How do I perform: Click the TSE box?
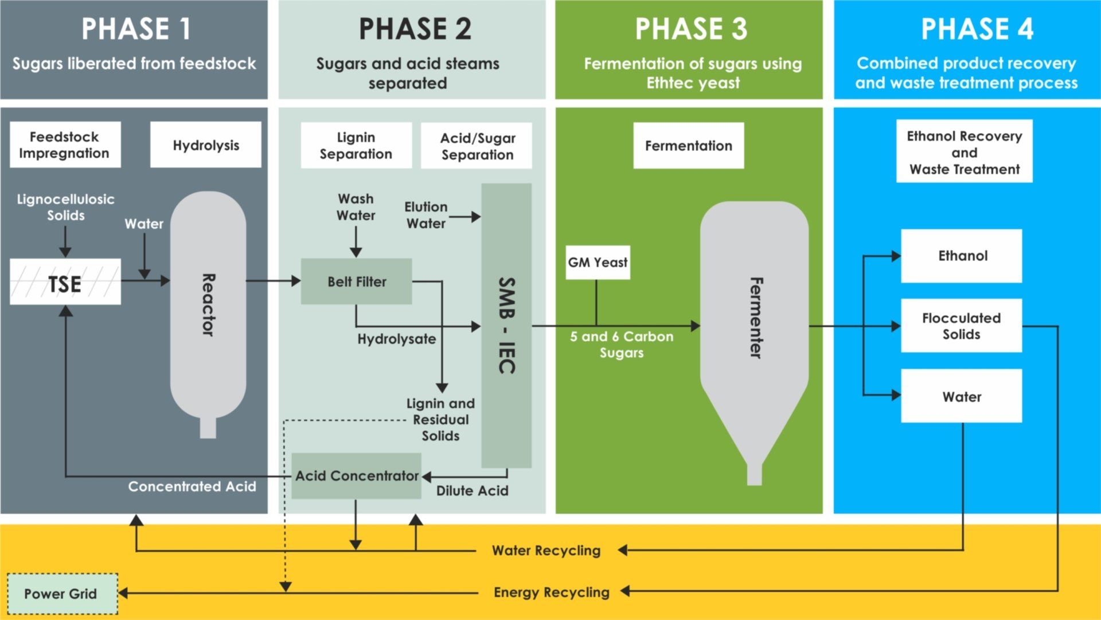pos(65,282)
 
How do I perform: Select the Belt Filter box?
pos(356,281)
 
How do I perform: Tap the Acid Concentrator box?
pos(356,476)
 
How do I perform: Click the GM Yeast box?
pos(598,263)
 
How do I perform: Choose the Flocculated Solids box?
pos(961,326)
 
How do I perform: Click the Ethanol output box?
pos(961,256)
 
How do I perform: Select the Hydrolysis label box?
pos(205,145)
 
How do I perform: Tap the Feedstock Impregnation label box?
pos(65,145)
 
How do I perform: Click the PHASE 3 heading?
pos(691,29)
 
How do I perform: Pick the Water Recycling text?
pos(546,551)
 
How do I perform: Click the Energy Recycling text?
pos(551,592)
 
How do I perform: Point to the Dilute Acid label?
pos(472,491)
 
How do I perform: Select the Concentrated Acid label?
pos(192,486)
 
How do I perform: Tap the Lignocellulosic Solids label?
pos(65,207)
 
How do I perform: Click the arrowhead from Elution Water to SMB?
pos(475,217)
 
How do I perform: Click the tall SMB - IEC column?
pos(506,325)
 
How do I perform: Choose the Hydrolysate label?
pos(396,339)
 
